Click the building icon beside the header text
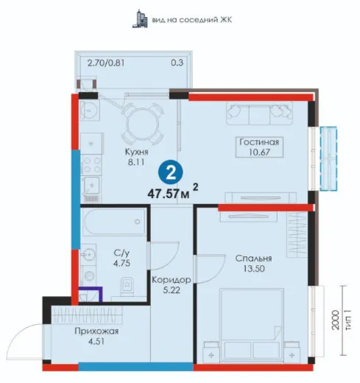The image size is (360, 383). point(140,18)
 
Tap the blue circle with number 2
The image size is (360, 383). point(171,172)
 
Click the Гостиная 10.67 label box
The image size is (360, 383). point(259,147)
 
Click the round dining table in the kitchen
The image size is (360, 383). point(143,123)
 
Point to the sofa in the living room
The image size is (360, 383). point(259,113)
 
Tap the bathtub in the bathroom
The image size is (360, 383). point(114,222)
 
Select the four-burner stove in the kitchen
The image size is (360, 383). point(91,165)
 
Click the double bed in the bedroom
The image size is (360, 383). point(252,326)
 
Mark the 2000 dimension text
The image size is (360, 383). point(335,320)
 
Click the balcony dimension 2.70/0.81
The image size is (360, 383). point(106,63)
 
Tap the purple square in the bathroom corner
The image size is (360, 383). point(90,295)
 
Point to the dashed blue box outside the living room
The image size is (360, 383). point(328,158)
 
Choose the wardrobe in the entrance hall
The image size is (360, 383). point(87,315)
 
